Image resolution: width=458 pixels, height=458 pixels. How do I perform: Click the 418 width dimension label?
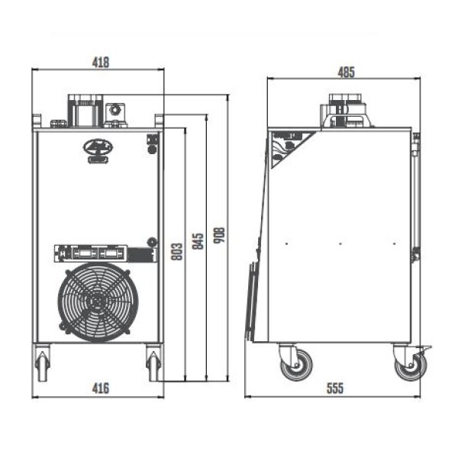pyautogui.click(x=101, y=63)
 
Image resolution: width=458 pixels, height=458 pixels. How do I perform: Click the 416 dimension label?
pyautogui.click(x=101, y=389)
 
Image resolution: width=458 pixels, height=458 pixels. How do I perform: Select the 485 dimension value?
pyautogui.click(x=346, y=73)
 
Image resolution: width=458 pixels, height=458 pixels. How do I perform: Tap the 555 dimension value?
pyautogui.click(x=335, y=389)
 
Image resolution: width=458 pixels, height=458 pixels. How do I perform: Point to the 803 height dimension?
pyautogui.click(x=177, y=251)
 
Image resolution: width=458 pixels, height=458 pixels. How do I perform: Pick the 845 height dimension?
pyautogui.click(x=198, y=241)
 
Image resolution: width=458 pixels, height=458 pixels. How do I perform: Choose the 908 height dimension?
pyautogui.click(x=219, y=235)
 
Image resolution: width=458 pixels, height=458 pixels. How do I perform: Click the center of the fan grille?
pyautogui.click(x=98, y=302)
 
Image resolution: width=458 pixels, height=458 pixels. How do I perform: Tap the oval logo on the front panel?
pyautogui.click(x=98, y=147)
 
